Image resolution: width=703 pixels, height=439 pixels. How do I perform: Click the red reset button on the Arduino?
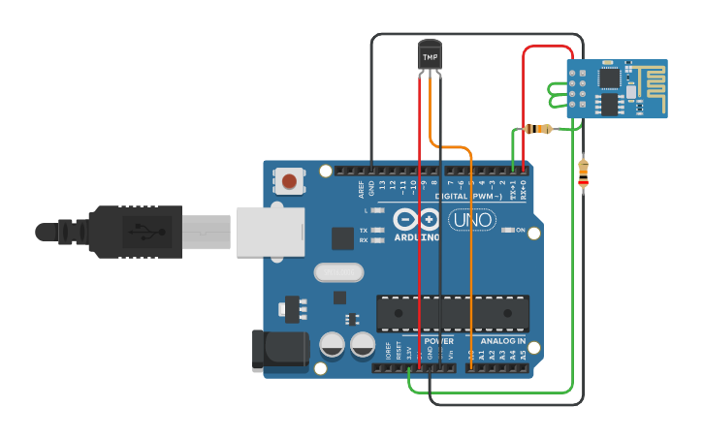289,179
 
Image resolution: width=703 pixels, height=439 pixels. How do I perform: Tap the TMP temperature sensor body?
430,55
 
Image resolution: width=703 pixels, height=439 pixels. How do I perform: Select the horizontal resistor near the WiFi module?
536,129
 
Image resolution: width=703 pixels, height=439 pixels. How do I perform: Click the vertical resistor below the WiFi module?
583,173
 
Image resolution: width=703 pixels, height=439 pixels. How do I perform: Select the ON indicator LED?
508,230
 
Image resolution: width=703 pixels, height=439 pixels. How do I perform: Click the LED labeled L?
378,210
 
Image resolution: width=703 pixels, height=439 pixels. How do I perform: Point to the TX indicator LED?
378,231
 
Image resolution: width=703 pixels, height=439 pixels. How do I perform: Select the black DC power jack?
277,351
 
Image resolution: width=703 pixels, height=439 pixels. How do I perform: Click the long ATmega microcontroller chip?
453,313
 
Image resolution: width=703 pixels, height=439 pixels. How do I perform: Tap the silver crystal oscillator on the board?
336,273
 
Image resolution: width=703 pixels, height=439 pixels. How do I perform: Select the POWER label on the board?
438,341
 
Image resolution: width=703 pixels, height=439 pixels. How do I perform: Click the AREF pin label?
361,188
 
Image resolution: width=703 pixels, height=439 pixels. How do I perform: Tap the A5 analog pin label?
524,355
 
